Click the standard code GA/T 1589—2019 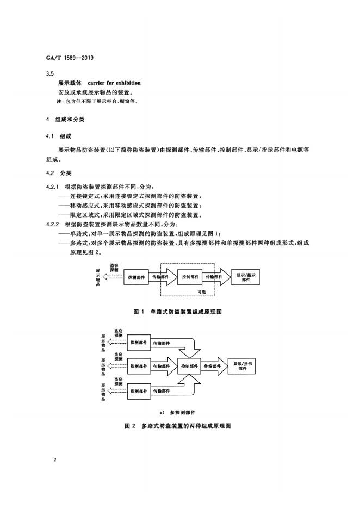[70, 58]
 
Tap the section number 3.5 [50, 74]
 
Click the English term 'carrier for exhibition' [114, 83]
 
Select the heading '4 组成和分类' [65, 119]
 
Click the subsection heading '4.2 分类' [59, 173]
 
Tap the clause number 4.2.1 [53, 187]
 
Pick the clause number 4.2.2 [53, 224]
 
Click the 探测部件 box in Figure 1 [136, 277]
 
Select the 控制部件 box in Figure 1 [190, 277]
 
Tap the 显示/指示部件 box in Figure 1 [245, 277]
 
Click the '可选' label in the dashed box [202, 291]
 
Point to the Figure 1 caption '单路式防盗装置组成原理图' [186, 312]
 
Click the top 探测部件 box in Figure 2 [139, 343]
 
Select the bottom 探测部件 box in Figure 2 [139, 391]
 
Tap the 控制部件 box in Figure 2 [189, 366]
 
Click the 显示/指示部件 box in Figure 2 [242, 366]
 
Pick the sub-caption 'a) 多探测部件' [178, 413]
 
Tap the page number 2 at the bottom [55, 460]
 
